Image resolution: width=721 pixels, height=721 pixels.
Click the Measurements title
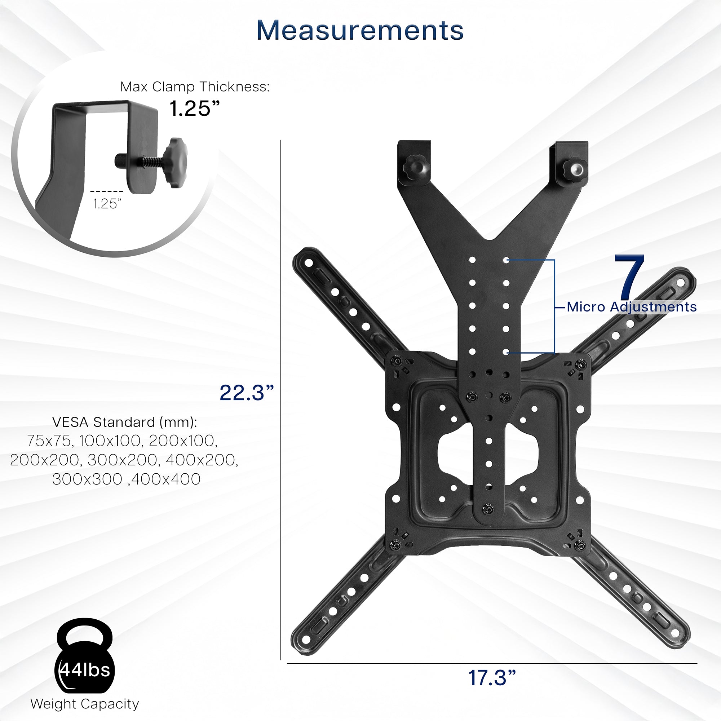(360, 30)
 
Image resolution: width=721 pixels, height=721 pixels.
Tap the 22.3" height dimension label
(247, 393)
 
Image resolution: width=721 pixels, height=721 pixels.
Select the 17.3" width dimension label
(492, 678)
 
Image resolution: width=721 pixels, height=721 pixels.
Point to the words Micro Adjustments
(632, 307)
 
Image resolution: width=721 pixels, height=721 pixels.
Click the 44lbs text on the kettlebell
(85, 670)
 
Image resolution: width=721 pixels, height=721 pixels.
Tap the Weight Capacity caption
(85, 704)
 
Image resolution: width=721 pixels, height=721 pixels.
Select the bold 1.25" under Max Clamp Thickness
(194, 109)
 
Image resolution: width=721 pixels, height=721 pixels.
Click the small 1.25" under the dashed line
(107, 204)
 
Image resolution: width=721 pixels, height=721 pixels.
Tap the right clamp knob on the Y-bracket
(574, 171)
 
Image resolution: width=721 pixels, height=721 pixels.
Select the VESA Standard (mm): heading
(124, 422)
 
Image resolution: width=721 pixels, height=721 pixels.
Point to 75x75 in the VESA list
(49, 441)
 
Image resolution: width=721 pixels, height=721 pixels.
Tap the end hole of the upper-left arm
(309, 263)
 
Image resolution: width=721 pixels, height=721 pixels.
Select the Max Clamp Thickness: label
(194, 87)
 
